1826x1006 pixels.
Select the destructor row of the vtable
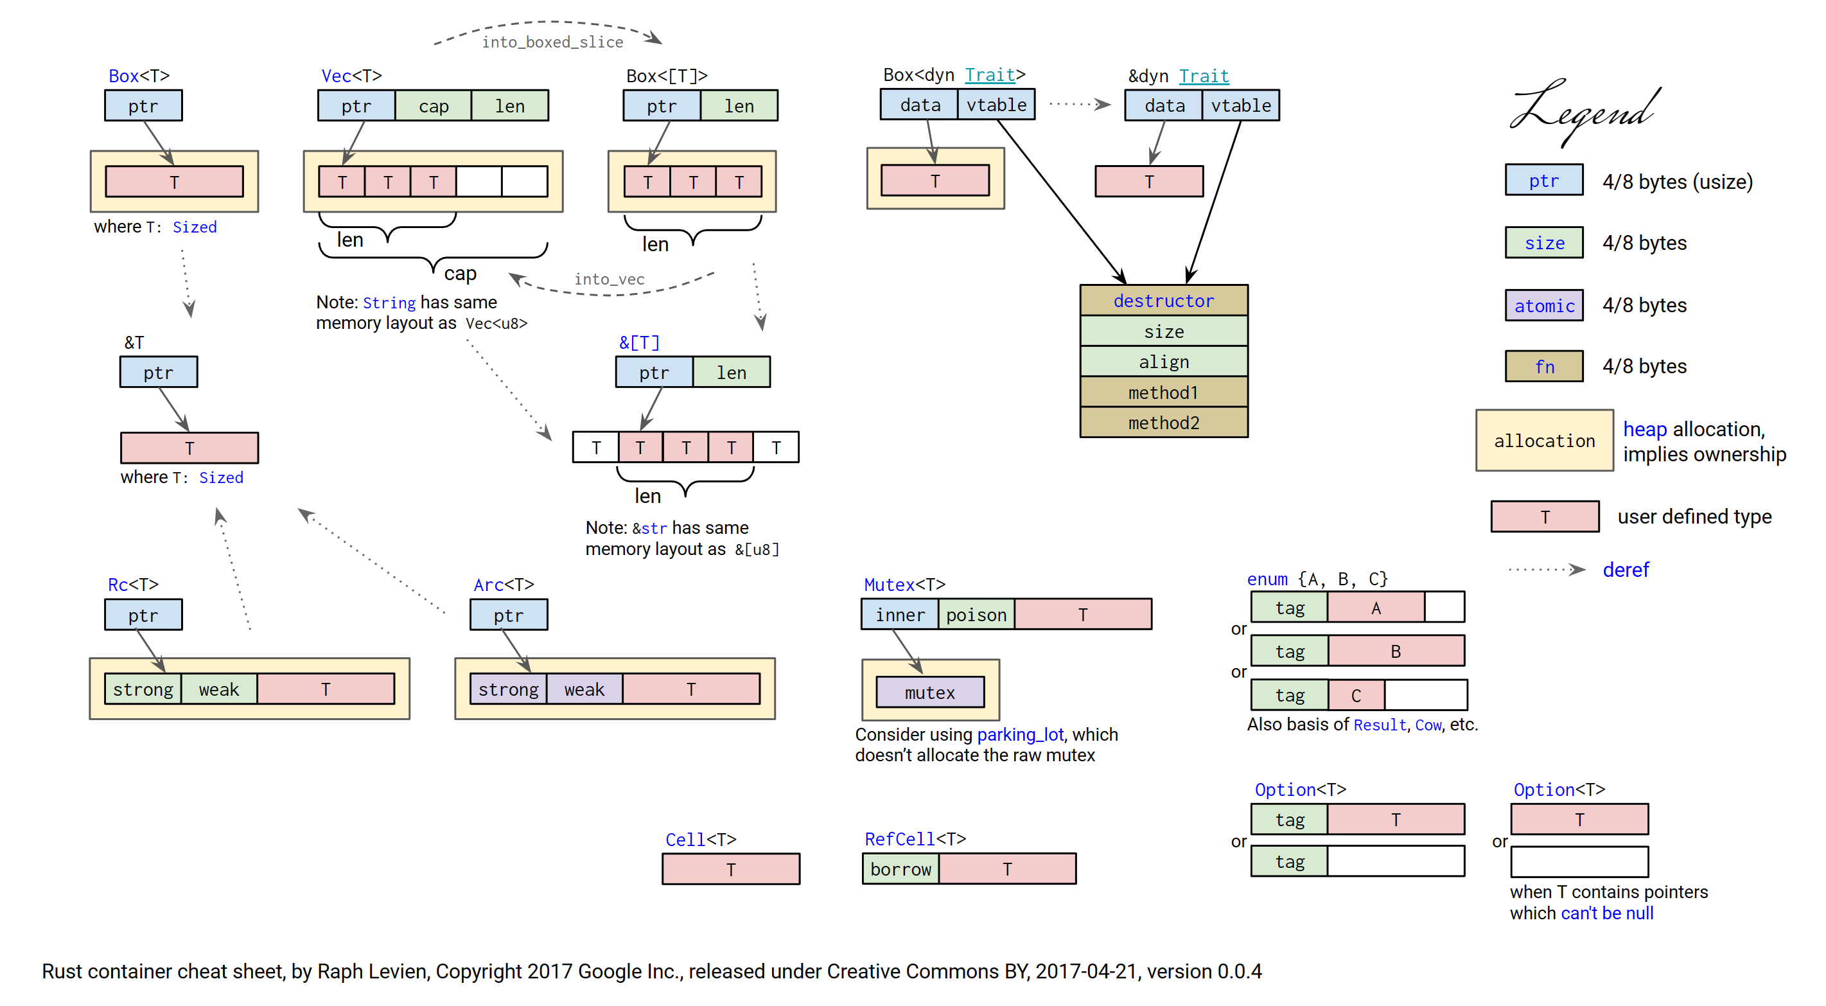point(1163,301)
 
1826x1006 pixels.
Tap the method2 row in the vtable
point(1163,423)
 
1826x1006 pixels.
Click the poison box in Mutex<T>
point(976,615)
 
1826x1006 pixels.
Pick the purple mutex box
point(929,693)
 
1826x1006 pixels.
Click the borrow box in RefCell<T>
point(900,869)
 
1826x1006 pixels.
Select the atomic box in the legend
point(1544,306)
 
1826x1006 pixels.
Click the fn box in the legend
point(1544,367)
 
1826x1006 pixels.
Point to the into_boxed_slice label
point(552,42)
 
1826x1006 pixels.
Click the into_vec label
point(609,279)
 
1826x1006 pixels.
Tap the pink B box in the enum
point(1395,651)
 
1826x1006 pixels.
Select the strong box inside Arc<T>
point(507,690)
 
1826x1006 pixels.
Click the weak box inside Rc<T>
point(218,690)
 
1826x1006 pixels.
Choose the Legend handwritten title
point(1583,111)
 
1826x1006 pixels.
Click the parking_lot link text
point(1020,734)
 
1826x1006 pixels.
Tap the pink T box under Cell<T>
point(731,870)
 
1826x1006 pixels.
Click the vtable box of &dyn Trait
point(1240,105)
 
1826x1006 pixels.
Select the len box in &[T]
point(731,373)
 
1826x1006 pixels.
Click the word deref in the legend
point(1626,570)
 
